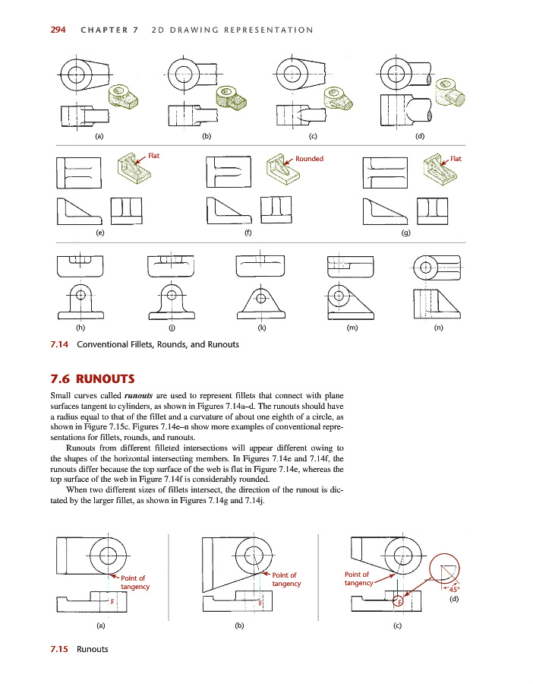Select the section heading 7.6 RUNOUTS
(x=92, y=378)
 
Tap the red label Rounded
(x=309, y=159)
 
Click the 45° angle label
(x=454, y=588)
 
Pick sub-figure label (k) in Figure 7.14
(x=261, y=329)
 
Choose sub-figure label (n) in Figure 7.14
(x=438, y=329)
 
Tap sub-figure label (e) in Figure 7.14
(x=99, y=233)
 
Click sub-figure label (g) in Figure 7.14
(x=406, y=233)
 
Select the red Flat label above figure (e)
(x=153, y=156)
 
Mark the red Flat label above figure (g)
(x=456, y=159)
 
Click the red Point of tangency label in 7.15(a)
(x=134, y=582)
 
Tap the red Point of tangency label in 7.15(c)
(x=358, y=578)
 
